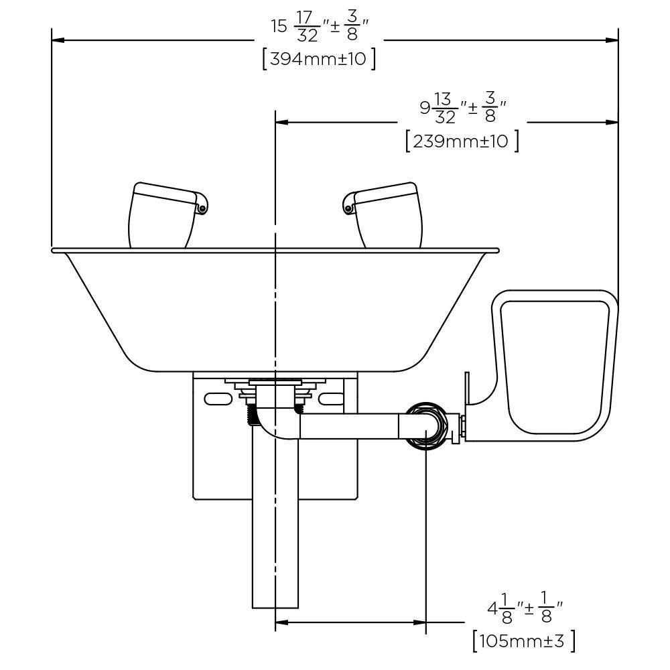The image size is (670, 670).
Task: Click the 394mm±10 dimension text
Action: coord(319,59)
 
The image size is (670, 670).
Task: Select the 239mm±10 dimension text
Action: coord(462,141)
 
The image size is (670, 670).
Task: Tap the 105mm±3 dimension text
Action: coord(524,641)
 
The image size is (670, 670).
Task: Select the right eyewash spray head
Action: coord(387,214)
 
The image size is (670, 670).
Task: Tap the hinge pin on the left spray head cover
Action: coord(201,209)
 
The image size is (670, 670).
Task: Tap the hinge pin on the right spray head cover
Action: coord(347,209)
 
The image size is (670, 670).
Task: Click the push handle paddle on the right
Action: coord(555,366)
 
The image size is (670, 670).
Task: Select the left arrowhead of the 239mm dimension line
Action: coord(282,122)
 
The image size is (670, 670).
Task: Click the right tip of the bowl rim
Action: coord(498,251)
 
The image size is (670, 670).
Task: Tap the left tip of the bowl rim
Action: coord(53,251)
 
